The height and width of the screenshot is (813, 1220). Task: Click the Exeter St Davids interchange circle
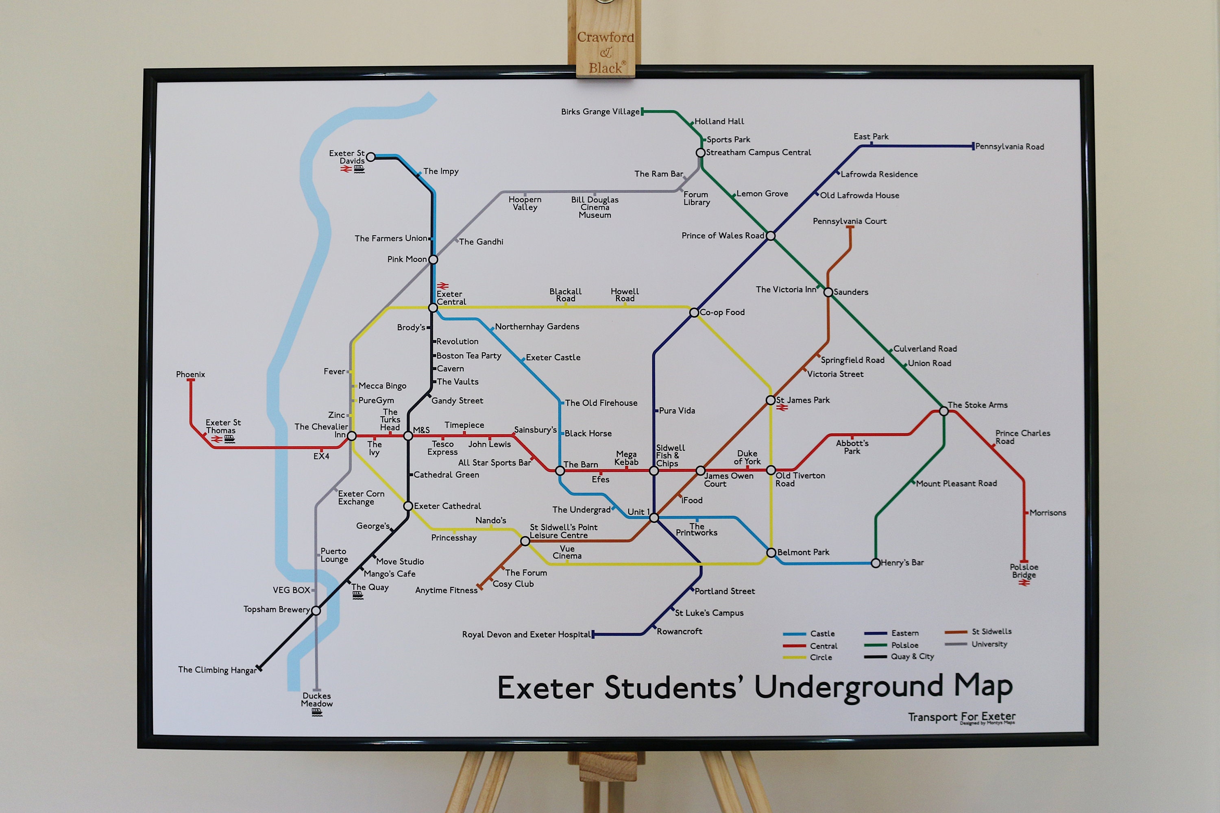coord(370,157)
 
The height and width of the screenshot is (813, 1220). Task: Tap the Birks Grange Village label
coord(600,111)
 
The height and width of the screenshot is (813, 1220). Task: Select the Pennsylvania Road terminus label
coord(1009,147)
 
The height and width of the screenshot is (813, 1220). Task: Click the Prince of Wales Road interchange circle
coord(771,236)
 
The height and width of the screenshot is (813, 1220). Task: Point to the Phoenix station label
coord(190,374)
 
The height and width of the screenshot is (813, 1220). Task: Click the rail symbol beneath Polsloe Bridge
coord(1024,583)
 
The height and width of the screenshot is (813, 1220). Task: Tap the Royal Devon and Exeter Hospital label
coord(526,635)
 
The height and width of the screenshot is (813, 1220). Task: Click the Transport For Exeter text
coord(961,717)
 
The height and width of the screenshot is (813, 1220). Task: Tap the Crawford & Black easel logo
coord(606,52)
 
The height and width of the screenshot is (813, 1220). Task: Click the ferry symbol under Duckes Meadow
coord(317,713)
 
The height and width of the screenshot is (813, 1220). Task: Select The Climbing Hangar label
coord(217,670)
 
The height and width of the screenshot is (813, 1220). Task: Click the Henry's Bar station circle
coord(876,563)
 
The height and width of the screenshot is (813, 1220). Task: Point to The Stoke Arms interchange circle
coord(943,411)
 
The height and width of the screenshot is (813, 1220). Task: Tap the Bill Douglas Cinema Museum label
coord(595,207)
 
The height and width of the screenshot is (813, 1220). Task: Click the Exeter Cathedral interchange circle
coord(408,506)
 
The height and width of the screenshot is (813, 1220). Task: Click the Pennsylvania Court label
coord(849,222)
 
